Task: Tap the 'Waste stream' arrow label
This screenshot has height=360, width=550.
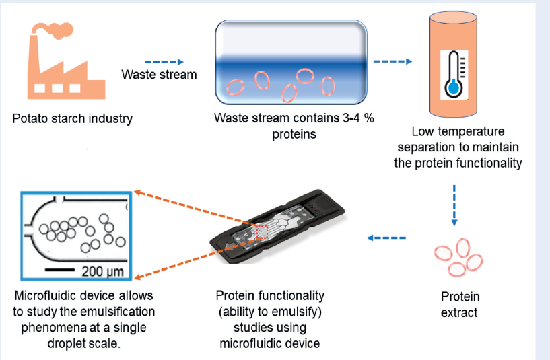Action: pyautogui.click(x=159, y=74)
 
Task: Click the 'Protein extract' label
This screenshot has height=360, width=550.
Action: pyautogui.click(x=459, y=304)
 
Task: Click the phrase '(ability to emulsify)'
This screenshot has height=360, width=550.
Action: pyautogui.click(x=271, y=312)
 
